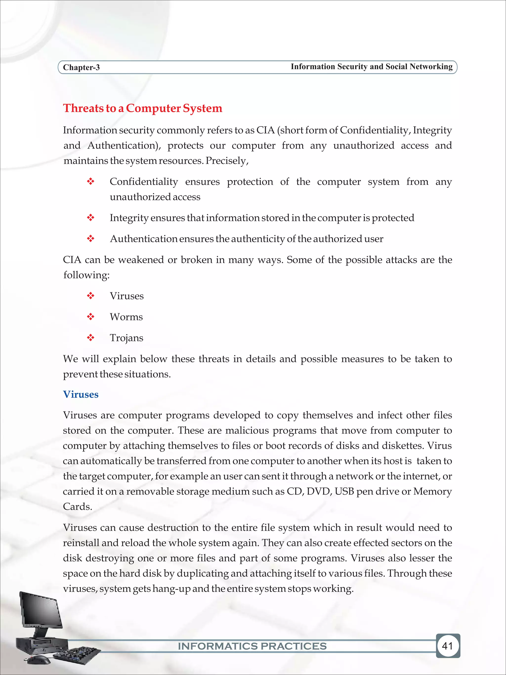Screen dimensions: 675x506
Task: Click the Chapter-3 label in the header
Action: pyautogui.click(x=81, y=67)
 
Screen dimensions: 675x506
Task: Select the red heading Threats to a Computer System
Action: pyautogui.click(x=143, y=108)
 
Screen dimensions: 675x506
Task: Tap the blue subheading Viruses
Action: pyautogui.click(x=81, y=394)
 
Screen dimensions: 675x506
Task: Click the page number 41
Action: pyautogui.click(x=447, y=646)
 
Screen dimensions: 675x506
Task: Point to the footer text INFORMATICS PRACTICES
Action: pyautogui.click(x=252, y=646)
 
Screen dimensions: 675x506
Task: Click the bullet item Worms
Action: pyautogui.click(x=126, y=317)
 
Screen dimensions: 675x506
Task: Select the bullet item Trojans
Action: pyautogui.click(x=126, y=338)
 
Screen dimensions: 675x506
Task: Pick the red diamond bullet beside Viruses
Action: pyautogui.click(x=91, y=296)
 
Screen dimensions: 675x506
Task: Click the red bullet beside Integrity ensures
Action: pyautogui.click(x=91, y=218)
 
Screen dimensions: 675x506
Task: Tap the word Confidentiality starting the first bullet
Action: pyautogui.click(x=144, y=182)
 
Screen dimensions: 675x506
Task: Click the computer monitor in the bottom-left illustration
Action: pyautogui.click(x=40, y=609)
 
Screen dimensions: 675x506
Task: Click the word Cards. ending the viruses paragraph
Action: pyautogui.click(x=78, y=506)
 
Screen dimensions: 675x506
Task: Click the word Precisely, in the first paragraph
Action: pyautogui.click(x=227, y=161)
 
